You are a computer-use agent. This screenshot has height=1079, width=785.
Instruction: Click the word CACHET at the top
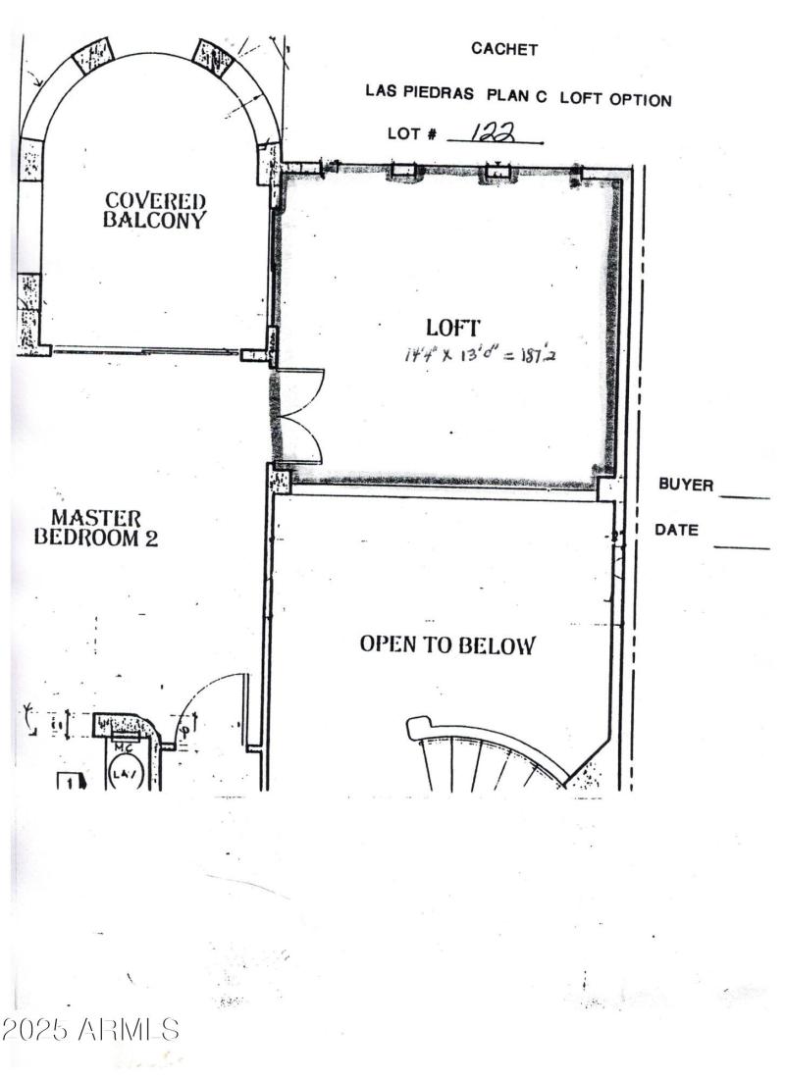(504, 49)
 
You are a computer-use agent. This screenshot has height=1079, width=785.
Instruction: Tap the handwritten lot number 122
(493, 133)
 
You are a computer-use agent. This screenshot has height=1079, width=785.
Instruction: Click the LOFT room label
(452, 328)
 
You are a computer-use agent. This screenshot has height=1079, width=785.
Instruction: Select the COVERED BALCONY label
(156, 211)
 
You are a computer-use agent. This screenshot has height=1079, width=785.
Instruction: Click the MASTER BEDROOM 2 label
(96, 527)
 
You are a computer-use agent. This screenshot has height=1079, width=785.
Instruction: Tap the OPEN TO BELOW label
(447, 644)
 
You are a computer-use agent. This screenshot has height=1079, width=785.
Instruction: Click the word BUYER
(686, 485)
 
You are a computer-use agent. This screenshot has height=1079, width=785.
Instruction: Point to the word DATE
(677, 531)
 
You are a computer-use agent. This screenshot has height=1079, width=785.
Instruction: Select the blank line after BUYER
(745, 497)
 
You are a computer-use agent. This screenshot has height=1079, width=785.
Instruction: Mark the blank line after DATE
(741, 546)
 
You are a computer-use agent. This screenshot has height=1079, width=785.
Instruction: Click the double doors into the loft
(300, 416)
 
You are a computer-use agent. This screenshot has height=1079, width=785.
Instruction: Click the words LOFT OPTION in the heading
(616, 99)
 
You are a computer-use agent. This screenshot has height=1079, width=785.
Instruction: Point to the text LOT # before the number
(412, 134)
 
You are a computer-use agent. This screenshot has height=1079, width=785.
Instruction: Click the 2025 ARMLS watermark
(90, 1030)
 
